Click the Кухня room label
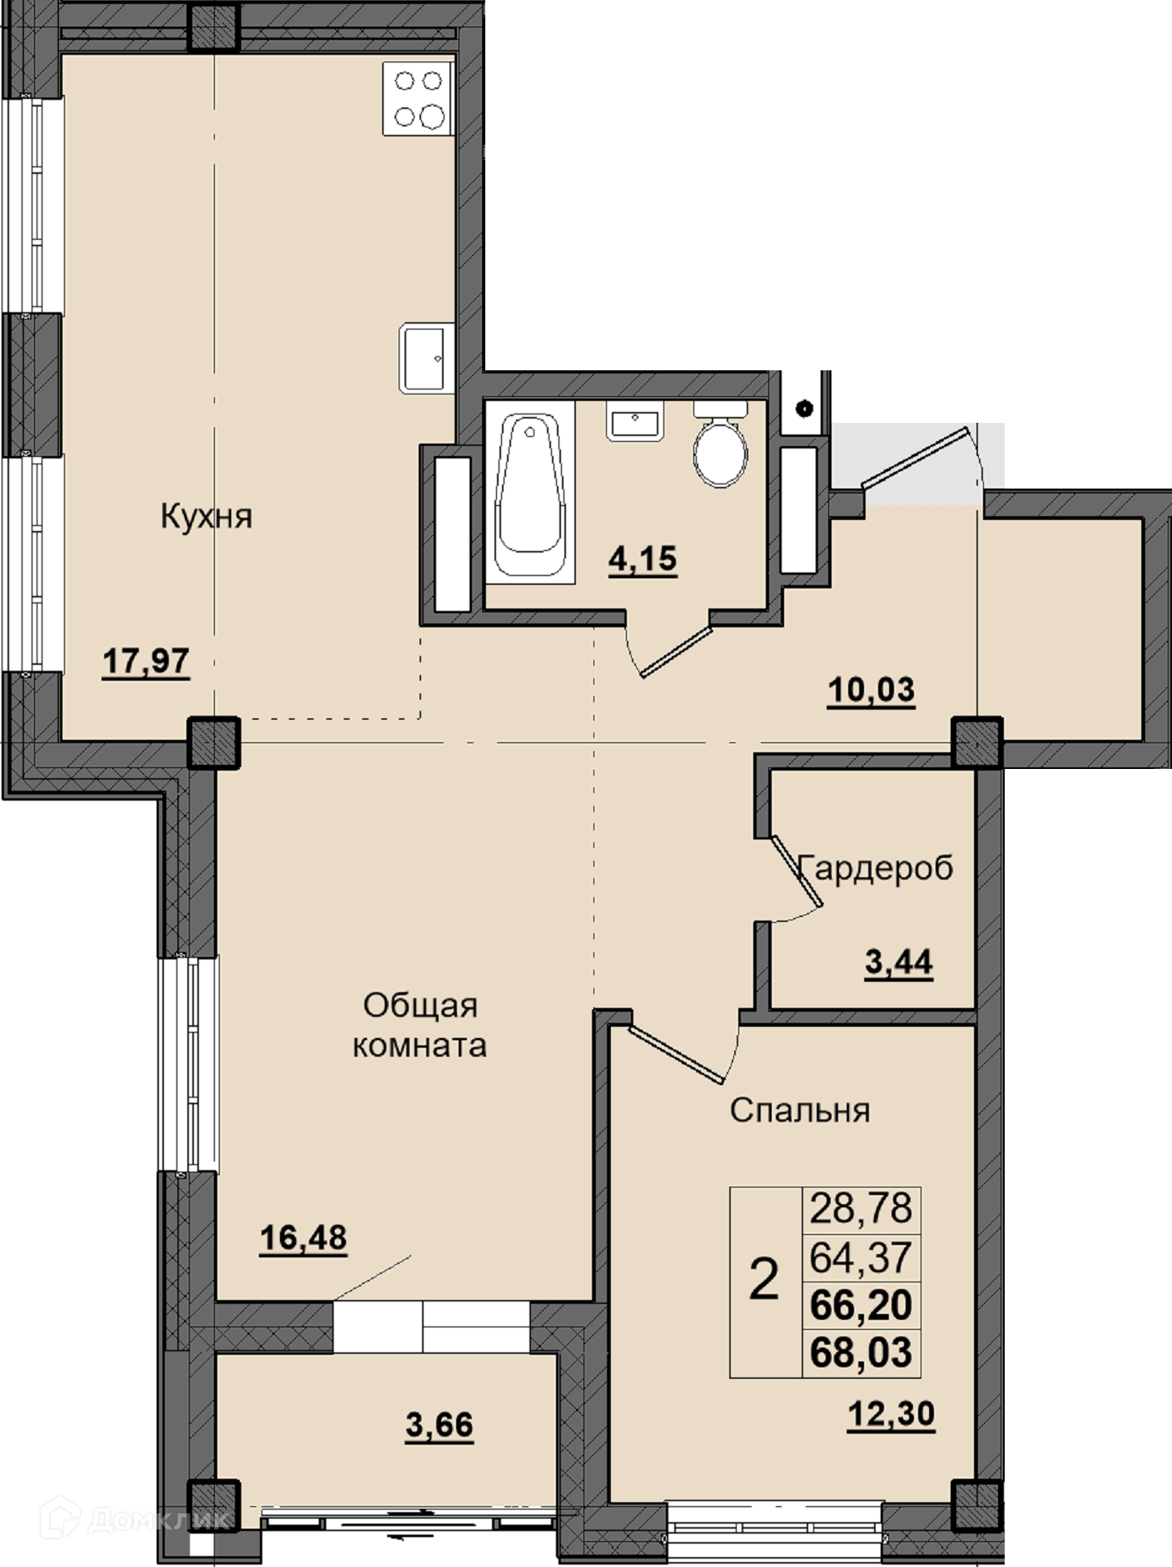[206, 517]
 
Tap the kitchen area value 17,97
[146, 662]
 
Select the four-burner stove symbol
[419, 98]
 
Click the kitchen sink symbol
[427, 358]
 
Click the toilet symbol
[721, 444]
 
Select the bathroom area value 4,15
[643, 559]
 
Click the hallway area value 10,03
[872, 690]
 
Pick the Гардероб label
[876, 869]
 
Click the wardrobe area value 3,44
[899, 964]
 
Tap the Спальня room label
[800, 1110]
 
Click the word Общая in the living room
[420, 1005]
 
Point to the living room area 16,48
[303, 1237]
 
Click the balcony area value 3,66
[439, 1425]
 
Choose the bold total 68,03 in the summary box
[862, 1352]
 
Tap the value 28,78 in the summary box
[862, 1207]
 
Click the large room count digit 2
[764, 1279]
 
